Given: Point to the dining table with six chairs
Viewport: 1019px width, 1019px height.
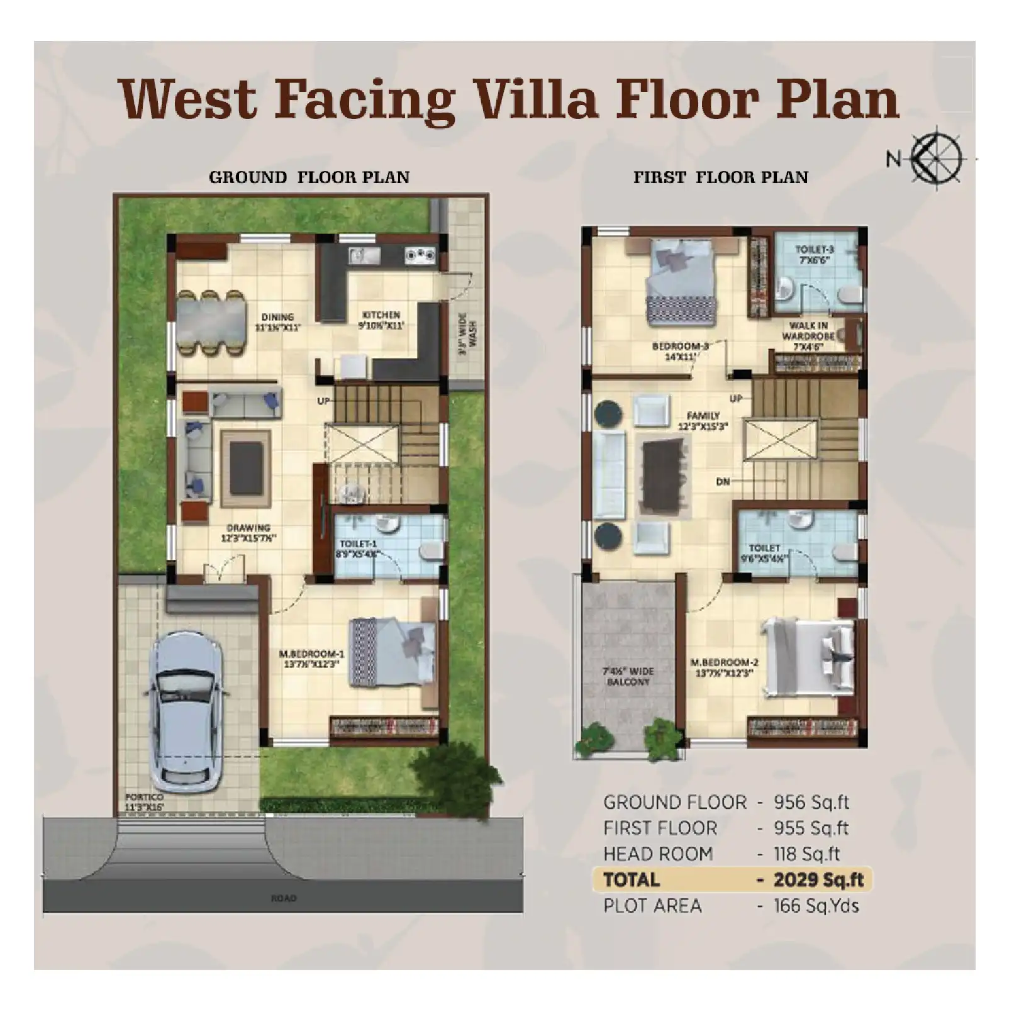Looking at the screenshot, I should pos(211,323).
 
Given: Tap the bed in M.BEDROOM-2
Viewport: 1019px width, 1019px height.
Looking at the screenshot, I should pos(808,657).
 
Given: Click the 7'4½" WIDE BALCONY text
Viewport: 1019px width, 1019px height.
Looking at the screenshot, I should pos(628,677).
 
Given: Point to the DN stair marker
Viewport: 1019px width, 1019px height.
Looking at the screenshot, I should pos(723,482).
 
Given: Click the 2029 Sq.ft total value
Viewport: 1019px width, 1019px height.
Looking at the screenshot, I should pos(818,880).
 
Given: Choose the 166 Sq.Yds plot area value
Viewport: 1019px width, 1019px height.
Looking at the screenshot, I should pos(816,906).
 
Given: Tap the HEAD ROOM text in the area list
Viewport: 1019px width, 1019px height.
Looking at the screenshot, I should pos(657,854).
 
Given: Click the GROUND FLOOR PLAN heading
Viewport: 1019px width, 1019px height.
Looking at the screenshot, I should pos(309,177).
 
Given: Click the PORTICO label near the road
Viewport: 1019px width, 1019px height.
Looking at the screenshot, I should pos(144,798).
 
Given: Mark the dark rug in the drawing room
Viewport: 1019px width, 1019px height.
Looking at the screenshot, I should pos(246,468).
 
